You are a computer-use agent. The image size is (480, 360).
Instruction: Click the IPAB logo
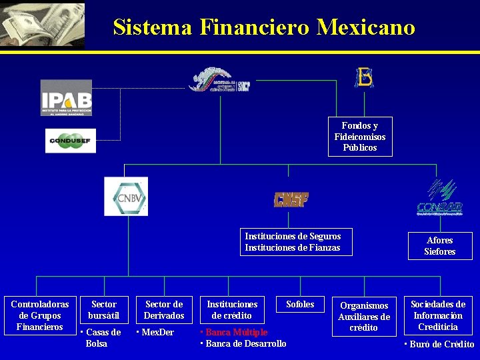tap(66, 98)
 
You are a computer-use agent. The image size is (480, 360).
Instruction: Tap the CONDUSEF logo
tap(71, 141)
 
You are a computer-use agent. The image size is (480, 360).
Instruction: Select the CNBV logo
tap(126, 196)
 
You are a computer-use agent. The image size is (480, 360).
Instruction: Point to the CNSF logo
tap(291, 199)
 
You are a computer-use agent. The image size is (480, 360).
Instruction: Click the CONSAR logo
tap(439, 198)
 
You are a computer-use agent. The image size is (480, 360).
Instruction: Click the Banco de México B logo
tap(364, 77)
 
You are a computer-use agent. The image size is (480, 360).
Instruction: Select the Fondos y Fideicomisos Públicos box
tap(360, 137)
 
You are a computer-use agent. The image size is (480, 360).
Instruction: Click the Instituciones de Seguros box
tap(295, 242)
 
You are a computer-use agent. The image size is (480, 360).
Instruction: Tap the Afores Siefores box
tap(440, 245)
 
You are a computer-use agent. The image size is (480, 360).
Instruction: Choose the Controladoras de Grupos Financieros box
tap(40, 315)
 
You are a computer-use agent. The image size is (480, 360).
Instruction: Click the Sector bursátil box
tap(104, 310)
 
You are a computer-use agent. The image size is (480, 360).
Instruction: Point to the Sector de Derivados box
tap(164, 310)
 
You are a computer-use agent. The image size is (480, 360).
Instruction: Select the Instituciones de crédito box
tap(232, 310)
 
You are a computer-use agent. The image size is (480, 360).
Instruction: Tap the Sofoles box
tap(300, 305)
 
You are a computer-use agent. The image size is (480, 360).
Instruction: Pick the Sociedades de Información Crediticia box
tap(438, 315)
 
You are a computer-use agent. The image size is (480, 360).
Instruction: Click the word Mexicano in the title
tap(366, 27)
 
